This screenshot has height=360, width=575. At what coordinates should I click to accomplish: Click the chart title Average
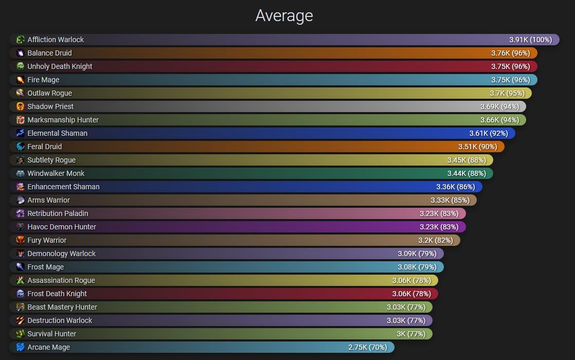tap(284, 15)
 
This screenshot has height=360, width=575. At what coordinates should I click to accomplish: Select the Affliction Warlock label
tap(56, 40)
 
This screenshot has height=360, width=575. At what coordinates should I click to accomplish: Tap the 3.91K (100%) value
tap(530, 40)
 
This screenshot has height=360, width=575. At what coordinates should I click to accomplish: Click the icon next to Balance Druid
tap(20, 53)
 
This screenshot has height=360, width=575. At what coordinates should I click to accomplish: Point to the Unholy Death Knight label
tap(60, 66)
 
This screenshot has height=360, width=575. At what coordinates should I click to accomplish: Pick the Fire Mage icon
tap(20, 80)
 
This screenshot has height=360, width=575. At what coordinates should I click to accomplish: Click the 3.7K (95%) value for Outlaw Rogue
tap(507, 93)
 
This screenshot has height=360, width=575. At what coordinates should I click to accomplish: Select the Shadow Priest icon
tap(20, 106)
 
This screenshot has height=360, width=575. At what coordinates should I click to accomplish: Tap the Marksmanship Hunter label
tap(63, 120)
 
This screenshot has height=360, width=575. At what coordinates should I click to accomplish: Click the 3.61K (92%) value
tap(488, 133)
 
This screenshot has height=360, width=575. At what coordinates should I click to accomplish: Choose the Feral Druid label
tap(44, 147)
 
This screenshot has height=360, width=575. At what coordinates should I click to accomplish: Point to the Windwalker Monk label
tap(56, 173)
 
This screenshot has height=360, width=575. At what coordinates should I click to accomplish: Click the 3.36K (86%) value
tap(455, 187)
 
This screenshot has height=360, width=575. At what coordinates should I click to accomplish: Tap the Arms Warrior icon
tap(20, 200)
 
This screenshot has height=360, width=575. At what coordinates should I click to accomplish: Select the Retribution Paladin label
tap(58, 213)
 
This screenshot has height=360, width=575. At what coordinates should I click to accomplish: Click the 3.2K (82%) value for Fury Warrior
tap(435, 240)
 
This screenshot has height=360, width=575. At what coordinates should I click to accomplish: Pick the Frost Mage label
tap(45, 267)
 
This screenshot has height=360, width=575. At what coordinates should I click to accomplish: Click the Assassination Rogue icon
tap(20, 280)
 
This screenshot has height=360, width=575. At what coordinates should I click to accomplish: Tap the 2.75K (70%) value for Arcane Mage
tap(367, 347)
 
